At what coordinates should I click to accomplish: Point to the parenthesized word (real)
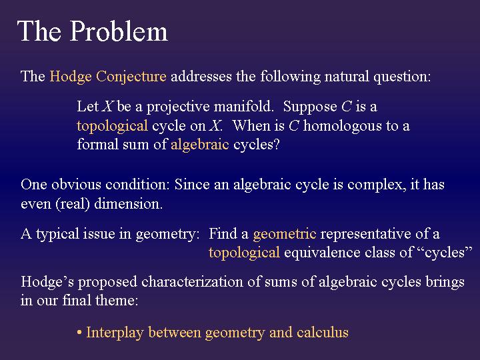point(73,204)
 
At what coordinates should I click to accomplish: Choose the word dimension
point(133,204)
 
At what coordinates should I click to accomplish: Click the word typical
point(57,234)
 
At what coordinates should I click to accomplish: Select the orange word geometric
point(285,234)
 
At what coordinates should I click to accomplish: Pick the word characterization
point(193,282)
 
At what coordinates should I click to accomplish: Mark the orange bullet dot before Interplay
point(79,333)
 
